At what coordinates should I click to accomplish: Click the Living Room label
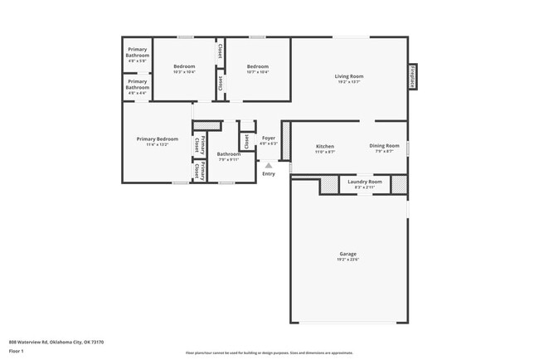click(349, 76)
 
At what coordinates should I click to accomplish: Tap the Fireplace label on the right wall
click(411, 75)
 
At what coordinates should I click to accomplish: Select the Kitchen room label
click(325, 146)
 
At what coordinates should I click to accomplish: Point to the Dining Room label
click(384, 146)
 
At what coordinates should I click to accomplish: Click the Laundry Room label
click(365, 182)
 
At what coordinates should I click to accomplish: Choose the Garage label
click(348, 254)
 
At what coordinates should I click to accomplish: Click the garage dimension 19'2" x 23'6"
click(348, 260)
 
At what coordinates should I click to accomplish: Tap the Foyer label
click(269, 138)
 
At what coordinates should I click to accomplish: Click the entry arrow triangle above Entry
click(268, 166)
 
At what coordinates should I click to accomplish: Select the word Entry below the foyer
click(269, 173)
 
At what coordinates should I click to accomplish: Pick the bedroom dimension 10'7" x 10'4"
click(258, 72)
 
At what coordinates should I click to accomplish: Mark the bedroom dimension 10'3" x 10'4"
click(184, 72)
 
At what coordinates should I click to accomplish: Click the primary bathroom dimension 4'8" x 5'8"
click(138, 61)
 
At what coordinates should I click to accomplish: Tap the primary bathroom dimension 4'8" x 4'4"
click(138, 93)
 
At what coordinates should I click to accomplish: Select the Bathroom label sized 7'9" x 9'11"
click(229, 153)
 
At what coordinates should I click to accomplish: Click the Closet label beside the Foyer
click(246, 140)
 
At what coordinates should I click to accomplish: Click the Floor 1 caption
click(17, 351)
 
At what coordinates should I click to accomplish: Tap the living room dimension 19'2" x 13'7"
click(349, 82)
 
